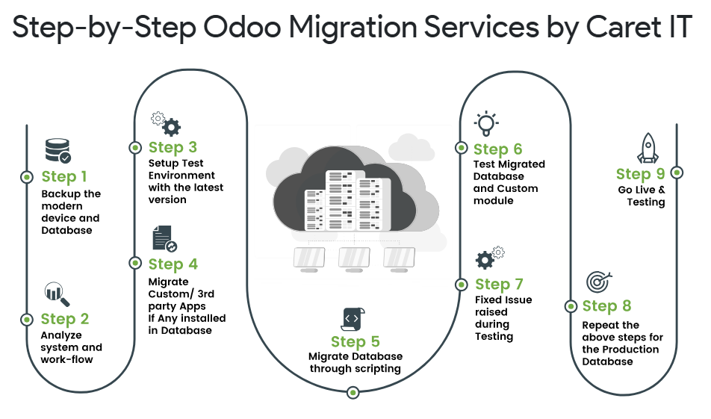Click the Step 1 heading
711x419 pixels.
click(x=64, y=177)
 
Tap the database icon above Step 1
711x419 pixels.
click(x=58, y=150)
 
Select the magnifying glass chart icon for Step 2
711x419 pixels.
click(x=57, y=294)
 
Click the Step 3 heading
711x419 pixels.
click(x=173, y=147)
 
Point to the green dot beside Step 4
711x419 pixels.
click(x=134, y=263)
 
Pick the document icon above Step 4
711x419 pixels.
click(x=164, y=238)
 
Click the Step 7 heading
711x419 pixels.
click(x=499, y=284)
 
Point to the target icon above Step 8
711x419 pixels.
click(x=598, y=282)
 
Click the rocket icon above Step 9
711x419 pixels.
click(x=648, y=148)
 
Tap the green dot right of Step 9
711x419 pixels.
click(x=677, y=172)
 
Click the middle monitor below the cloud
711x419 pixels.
click(x=354, y=258)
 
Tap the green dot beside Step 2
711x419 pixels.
click(x=27, y=319)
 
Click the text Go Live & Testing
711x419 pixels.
click(x=641, y=196)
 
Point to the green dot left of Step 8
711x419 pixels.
click(x=570, y=305)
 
